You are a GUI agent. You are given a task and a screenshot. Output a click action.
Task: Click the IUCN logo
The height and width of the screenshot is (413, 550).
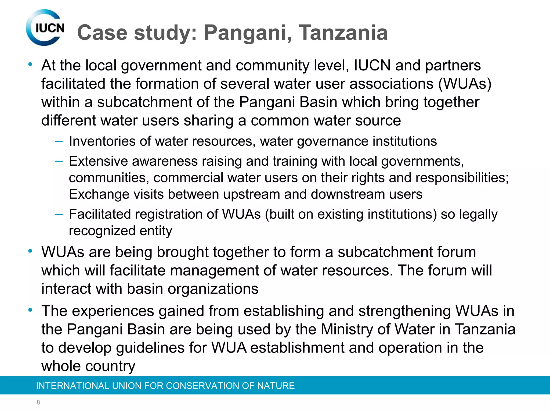coord(45,28)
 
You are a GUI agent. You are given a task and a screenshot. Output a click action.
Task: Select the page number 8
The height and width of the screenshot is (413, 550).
coord(38,402)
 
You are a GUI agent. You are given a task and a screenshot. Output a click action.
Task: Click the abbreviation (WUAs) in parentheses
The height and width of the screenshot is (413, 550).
coord(465,84)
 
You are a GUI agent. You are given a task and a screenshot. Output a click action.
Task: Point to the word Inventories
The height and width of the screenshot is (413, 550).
coord(102,141)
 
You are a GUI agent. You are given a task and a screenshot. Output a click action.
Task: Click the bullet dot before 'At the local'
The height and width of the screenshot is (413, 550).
coord(30,64)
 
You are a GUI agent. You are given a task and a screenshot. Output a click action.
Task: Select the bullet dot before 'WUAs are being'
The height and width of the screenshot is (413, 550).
coord(30,251)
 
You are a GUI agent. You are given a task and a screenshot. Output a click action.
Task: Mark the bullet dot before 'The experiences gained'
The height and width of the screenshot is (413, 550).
coord(30,310)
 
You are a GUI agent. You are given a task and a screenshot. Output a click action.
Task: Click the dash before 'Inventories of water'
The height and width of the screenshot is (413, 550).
coord(59,141)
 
